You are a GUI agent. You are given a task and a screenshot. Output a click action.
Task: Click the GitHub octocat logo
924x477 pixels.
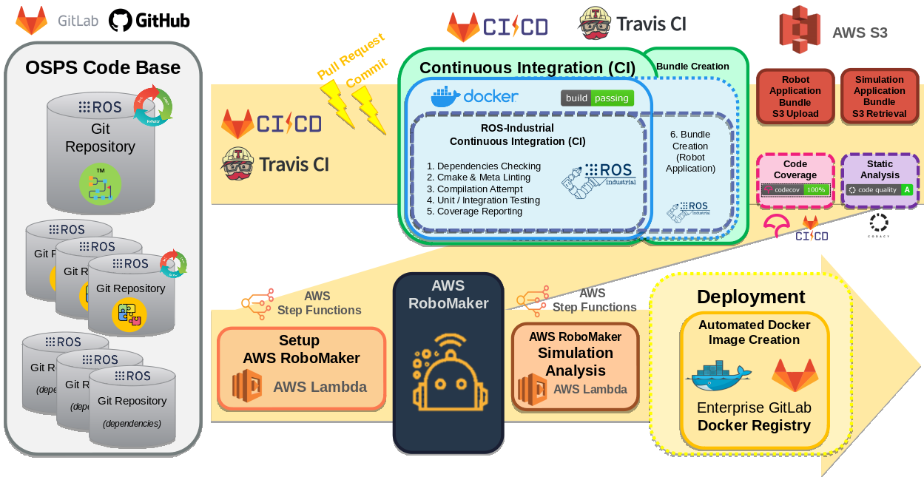tap(121, 21)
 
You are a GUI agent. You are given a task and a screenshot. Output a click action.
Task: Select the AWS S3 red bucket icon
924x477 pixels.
tap(800, 30)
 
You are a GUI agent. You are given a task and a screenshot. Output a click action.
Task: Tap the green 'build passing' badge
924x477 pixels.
tap(597, 98)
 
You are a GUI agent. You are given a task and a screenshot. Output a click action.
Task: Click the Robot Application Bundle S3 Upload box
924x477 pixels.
tap(795, 97)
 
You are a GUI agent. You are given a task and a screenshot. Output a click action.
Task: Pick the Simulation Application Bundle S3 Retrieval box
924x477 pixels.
tap(879, 97)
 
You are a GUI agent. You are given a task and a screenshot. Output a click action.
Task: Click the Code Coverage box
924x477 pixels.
tap(795, 180)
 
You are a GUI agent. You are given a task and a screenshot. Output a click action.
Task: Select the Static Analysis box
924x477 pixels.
tap(880, 180)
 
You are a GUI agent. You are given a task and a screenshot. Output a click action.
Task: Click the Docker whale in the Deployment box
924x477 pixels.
tap(718, 376)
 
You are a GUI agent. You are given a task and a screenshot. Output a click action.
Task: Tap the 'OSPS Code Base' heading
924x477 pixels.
tap(103, 68)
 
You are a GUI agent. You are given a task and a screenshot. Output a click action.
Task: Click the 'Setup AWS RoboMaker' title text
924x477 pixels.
tap(301, 349)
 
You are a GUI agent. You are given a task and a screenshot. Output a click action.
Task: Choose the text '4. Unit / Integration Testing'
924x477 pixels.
tap(483, 200)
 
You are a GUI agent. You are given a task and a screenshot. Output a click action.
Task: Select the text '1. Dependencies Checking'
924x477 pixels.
tap(483, 166)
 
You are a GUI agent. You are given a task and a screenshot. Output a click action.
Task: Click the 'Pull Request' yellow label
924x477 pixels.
tap(351, 56)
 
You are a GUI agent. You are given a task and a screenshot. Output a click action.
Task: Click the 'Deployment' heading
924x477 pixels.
tap(750, 297)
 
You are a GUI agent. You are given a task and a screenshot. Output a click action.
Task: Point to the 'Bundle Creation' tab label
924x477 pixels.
tap(692, 67)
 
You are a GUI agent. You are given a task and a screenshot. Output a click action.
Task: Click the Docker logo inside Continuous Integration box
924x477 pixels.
tap(474, 96)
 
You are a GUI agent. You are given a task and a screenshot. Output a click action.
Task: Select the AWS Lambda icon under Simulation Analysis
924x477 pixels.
tap(532, 389)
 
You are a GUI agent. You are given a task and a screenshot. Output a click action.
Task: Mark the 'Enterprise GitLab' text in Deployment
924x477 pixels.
tap(754, 407)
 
